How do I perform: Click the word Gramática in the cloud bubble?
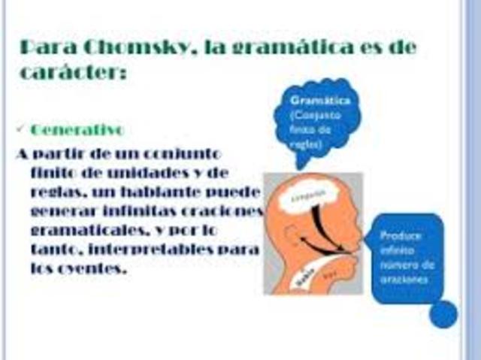[313, 99]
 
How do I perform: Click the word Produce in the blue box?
[401, 235]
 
